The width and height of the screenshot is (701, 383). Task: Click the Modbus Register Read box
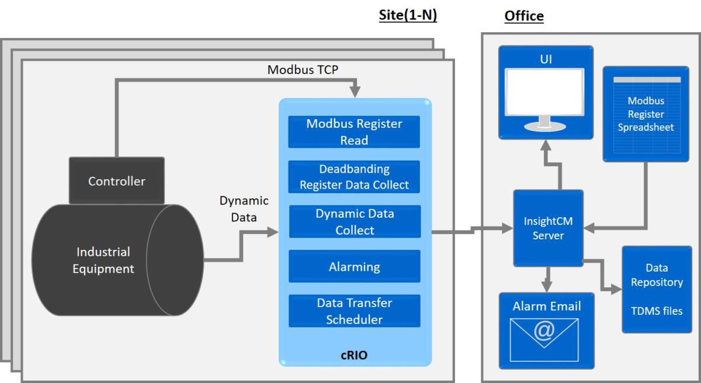[355, 132]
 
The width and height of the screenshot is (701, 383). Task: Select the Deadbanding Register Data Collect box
[355, 177]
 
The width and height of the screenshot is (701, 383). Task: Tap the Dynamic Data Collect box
[355, 222]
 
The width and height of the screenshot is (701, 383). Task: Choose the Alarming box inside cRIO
[355, 267]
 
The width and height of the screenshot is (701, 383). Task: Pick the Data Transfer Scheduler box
[355, 311]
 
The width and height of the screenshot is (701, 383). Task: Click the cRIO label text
[354, 355]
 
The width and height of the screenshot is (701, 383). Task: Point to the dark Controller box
[116, 181]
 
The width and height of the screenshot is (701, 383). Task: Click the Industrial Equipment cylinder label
[103, 260]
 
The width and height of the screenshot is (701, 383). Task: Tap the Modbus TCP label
[303, 69]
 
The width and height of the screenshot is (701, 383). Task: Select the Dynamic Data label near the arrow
[244, 208]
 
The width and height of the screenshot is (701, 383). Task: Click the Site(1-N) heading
[408, 16]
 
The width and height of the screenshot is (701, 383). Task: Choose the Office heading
[523, 16]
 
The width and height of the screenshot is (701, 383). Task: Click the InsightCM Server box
[548, 228]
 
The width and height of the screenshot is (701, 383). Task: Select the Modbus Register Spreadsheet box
[646, 114]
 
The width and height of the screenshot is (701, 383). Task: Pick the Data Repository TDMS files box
[657, 289]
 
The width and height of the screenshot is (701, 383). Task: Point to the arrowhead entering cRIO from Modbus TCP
[354, 92]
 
